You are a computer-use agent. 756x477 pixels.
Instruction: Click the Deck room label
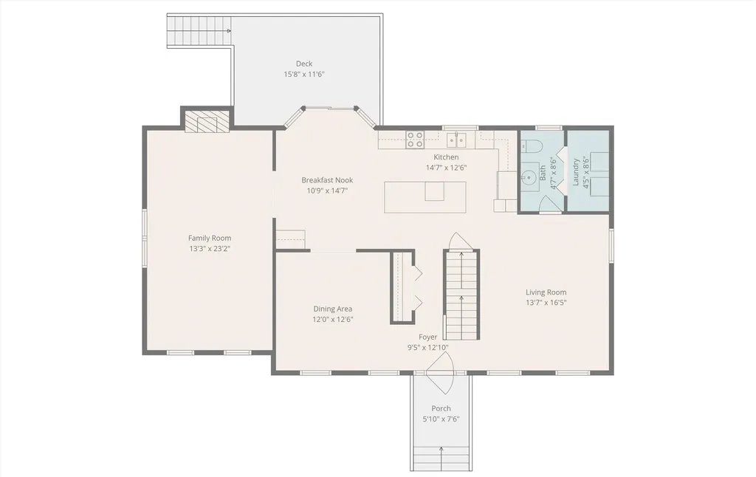pos(303,64)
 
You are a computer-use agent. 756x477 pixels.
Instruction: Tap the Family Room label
pos(210,238)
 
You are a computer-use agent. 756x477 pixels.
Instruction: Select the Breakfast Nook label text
pos(327,180)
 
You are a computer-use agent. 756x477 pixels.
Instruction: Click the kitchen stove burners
pos(415,140)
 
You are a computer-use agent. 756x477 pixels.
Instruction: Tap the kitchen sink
pos(456,140)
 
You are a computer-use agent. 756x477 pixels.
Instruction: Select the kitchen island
pos(425,196)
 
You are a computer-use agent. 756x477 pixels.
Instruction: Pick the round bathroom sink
pos(529,177)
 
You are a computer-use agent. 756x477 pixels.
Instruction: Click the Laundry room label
pos(576,172)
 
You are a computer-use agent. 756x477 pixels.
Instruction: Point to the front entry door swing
pos(440,373)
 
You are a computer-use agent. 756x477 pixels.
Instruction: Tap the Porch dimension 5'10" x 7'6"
pos(441,419)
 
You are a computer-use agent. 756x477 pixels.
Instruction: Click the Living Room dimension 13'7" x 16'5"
pos(546,303)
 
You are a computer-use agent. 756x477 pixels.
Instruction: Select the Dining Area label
pos(333,309)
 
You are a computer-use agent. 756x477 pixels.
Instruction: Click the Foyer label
pos(428,337)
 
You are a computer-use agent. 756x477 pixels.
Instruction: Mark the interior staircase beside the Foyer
pos(461,295)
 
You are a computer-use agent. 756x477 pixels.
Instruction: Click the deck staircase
pos(199,31)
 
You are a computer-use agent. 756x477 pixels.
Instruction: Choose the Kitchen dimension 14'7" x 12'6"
pos(446,168)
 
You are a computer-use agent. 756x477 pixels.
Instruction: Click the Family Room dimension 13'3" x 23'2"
pos(210,249)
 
